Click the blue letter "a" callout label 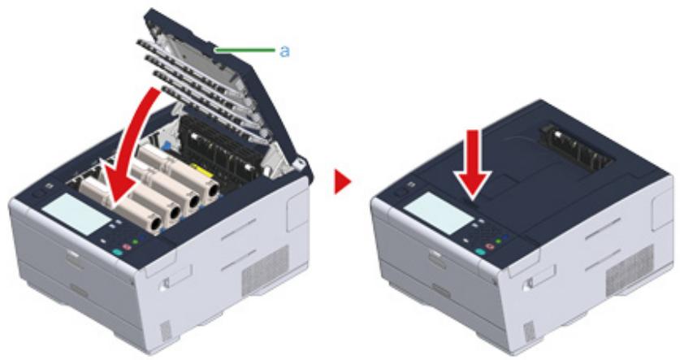[x=284, y=51]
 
